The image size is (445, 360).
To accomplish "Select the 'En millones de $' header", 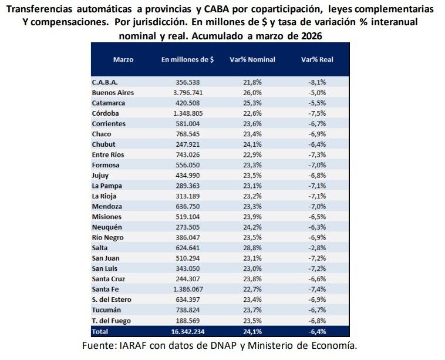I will tap(188, 60).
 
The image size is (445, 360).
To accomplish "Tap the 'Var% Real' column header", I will tap(317, 60).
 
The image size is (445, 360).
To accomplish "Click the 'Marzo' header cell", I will tap(123, 60).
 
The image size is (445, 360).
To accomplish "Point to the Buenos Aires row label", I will tap(113, 93).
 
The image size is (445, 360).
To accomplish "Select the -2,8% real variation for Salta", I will tap(316, 248).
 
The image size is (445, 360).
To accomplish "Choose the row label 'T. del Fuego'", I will tap(112, 320).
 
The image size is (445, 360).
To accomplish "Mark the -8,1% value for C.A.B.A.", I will tap(316, 82).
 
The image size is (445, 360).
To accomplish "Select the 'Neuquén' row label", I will tap(107, 227).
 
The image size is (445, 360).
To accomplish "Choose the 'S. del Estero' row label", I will tap(112, 300).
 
